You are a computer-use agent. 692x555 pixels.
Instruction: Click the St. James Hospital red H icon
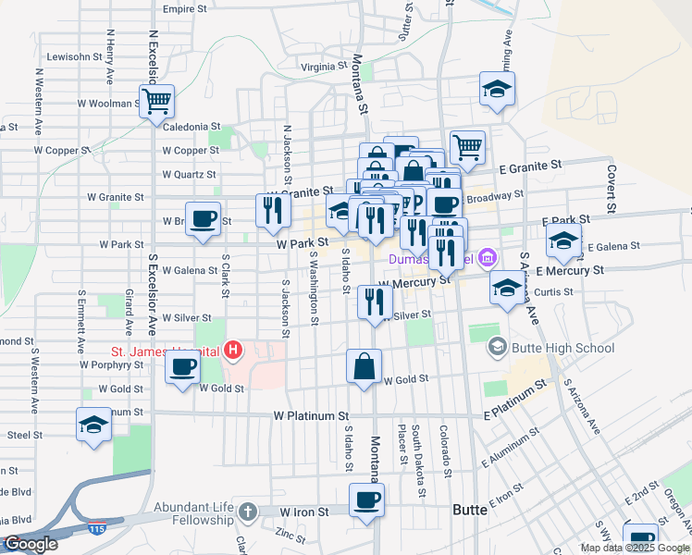(233, 351)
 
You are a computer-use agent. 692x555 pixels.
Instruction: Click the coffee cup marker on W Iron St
(366, 500)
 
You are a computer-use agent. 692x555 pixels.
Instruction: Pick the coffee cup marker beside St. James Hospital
(181, 366)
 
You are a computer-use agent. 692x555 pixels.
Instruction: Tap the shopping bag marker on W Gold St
(365, 366)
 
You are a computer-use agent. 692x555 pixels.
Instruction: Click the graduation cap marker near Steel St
(93, 425)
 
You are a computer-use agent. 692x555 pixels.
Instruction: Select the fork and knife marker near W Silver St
(375, 302)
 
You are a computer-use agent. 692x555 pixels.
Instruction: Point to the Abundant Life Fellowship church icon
(246, 511)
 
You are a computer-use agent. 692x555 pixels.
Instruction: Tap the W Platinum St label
(311, 417)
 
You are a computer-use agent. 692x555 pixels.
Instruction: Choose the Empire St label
(184, 8)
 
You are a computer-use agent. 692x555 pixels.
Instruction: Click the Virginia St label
(323, 67)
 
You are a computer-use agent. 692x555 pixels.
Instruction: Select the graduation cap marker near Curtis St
(507, 288)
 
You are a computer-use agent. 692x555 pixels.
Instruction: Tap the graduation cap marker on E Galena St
(562, 242)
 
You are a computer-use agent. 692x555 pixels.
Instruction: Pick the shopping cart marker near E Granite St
(468, 147)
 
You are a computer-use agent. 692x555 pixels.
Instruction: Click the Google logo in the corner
(30, 544)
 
